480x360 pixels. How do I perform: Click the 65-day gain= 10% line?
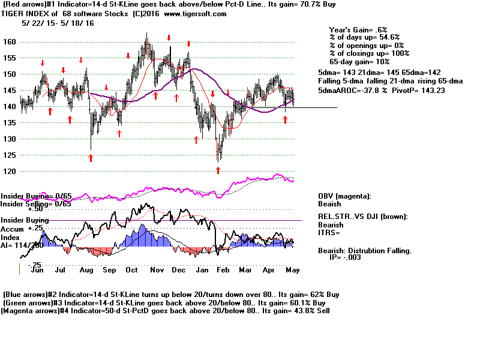point(359,61)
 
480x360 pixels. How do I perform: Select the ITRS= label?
point(329,232)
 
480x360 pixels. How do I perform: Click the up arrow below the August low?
point(91,158)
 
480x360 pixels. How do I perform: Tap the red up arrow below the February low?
point(218,170)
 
